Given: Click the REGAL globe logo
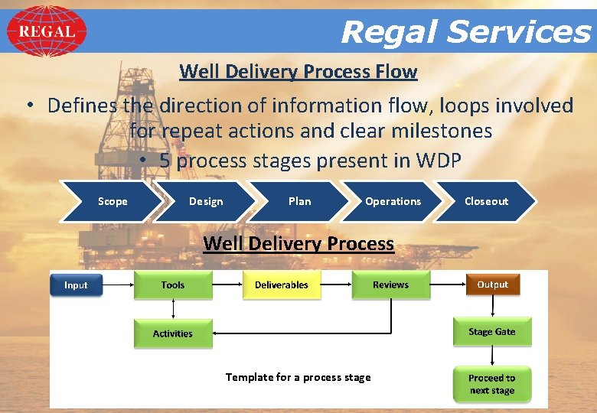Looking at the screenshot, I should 47,31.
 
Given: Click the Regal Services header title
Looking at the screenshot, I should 465,32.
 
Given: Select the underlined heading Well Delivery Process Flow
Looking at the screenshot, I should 298,72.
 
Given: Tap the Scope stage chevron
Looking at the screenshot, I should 113,201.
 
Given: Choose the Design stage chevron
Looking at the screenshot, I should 206,201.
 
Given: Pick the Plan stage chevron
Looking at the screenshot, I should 299,201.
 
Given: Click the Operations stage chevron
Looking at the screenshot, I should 393,201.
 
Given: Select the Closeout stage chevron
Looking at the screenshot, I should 486,201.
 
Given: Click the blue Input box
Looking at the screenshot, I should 76,285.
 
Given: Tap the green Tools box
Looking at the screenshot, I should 173,285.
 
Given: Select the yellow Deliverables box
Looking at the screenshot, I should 282,285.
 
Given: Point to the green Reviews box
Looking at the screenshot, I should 390,285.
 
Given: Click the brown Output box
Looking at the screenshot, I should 492,285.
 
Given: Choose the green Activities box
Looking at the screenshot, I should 173,333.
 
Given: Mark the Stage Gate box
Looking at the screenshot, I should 492,332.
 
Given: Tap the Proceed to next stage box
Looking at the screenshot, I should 492,384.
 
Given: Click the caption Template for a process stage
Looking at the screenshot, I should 298,377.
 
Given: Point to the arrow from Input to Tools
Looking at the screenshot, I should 118,285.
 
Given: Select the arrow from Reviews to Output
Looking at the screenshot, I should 447,285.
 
